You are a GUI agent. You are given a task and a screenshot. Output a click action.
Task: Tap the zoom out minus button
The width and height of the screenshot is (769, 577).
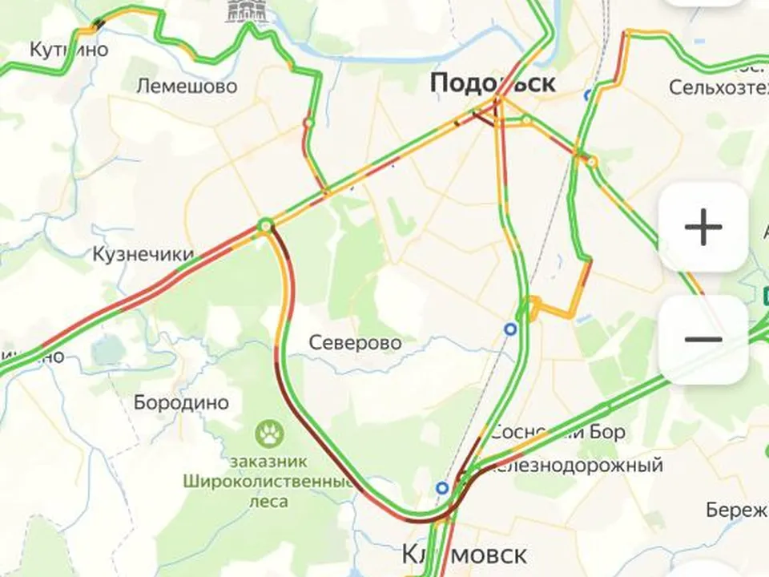click(x=703, y=339)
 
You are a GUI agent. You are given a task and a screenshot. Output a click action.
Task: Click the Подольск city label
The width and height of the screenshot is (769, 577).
click(x=492, y=83)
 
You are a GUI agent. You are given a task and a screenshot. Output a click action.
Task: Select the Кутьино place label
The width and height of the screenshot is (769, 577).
click(x=68, y=50)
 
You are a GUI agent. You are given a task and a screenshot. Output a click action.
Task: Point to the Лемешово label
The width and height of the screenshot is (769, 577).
click(x=187, y=86)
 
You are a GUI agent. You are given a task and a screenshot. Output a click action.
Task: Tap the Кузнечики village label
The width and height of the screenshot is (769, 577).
click(x=143, y=255)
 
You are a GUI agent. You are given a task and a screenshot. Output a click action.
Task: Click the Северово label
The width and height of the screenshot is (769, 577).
click(x=355, y=343)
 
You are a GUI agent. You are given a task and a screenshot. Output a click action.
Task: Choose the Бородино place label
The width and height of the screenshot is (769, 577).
click(x=181, y=402)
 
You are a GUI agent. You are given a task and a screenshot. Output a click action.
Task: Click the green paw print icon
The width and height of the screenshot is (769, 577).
click(x=270, y=435)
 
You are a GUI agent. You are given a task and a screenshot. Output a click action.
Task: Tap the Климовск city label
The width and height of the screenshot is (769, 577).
click(x=464, y=555)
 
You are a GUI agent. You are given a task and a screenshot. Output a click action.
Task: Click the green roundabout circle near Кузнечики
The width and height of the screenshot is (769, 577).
click(x=265, y=227)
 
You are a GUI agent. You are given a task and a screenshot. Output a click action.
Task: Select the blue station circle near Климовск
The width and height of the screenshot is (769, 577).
click(x=442, y=487)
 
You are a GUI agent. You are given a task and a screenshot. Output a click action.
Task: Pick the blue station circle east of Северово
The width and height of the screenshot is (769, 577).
click(x=509, y=329)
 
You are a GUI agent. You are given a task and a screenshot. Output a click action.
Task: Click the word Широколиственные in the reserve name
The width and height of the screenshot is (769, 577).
click(x=268, y=483)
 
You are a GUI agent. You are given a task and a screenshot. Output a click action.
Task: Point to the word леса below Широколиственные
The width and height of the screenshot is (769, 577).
click(x=269, y=502)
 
